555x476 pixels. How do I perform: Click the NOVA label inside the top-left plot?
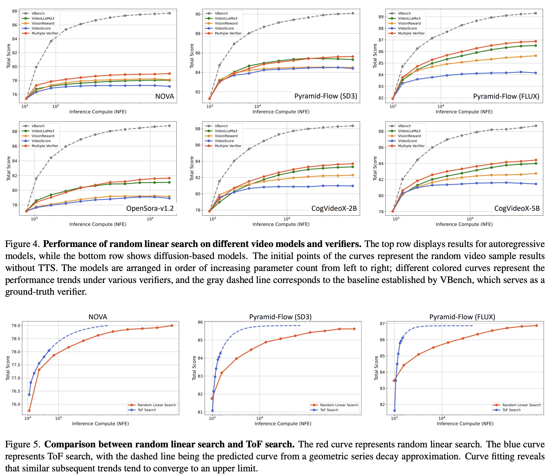164,96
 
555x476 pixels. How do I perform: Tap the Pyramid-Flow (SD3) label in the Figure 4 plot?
325,96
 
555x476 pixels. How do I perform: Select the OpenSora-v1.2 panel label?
150,209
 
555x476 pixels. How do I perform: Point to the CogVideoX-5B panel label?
517,209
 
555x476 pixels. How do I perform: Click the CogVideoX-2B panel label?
334,209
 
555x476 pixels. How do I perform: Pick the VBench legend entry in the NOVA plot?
38,13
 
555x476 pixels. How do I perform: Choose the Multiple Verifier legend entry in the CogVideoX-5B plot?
411,146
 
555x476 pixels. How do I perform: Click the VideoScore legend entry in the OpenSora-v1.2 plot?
41,141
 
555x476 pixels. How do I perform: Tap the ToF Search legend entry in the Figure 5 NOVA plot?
147,410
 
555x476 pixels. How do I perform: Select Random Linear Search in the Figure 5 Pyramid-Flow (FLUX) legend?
521,405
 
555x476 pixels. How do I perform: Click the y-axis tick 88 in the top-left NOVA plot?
14,11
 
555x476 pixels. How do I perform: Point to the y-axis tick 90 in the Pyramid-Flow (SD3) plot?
198,14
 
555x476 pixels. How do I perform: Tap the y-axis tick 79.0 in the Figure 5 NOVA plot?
16,326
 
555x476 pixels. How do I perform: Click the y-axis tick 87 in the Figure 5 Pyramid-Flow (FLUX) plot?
382,324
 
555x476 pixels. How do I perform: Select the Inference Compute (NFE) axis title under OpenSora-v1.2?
98,224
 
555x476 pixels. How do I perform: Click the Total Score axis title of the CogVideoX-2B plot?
192,168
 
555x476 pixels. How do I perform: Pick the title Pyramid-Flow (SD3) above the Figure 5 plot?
280,317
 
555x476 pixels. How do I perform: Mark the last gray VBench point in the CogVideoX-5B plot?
536,126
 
